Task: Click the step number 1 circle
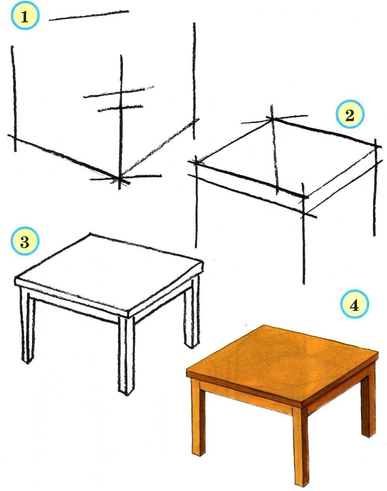pos(25,16)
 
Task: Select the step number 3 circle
pos(25,241)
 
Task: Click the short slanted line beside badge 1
pos(89,15)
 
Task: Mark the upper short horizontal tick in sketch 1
pos(118,92)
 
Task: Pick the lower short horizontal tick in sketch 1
pos(120,109)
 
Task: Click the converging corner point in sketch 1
pos(119,178)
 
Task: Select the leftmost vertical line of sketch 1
pos(14,99)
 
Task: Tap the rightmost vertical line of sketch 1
pos(194,81)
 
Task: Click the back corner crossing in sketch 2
pos(272,119)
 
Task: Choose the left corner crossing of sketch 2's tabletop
pos(196,162)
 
